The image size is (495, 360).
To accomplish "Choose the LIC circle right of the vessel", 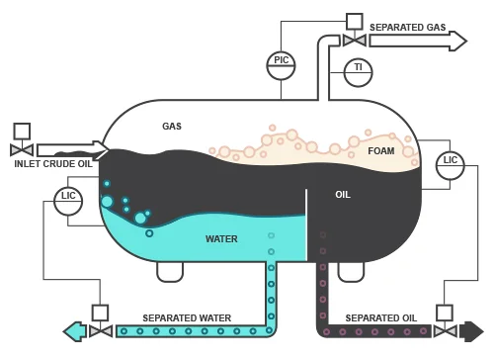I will pyautogui.click(x=451, y=164).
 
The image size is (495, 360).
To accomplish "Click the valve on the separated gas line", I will pyautogui.click(x=354, y=40).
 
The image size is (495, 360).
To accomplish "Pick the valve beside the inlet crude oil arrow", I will pyautogui.click(x=22, y=149).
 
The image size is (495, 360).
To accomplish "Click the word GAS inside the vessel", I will pyautogui.click(x=172, y=127).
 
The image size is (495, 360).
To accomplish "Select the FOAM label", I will pyautogui.click(x=380, y=150).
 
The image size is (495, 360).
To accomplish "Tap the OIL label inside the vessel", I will pyautogui.click(x=343, y=195).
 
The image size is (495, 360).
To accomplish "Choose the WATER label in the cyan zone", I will pyautogui.click(x=221, y=239).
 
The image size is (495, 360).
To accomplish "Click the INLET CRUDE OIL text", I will pyautogui.click(x=53, y=164).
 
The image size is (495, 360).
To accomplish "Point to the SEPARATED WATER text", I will pyautogui.click(x=187, y=317).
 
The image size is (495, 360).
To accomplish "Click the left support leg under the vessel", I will pyautogui.click(x=170, y=270).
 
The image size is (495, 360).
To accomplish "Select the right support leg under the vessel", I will pyautogui.click(x=352, y=270).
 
